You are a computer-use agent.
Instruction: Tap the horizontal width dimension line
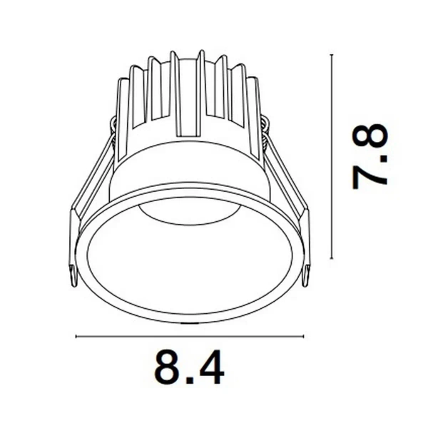189,335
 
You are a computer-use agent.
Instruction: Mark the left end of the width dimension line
76,335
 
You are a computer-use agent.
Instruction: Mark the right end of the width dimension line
303,335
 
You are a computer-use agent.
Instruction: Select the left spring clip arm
89,193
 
